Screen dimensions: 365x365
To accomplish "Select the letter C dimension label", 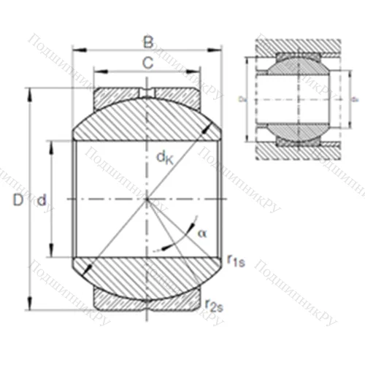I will (x=147, y=64).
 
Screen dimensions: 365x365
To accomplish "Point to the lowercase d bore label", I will (x=42, y=199).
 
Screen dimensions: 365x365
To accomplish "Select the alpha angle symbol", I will (x=202, y=232).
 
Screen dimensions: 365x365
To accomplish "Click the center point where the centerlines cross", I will (x=147, y=199).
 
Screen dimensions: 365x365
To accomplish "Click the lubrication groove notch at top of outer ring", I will (x=147, y=93).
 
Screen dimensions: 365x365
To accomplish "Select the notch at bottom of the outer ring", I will (x=147, y=305).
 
